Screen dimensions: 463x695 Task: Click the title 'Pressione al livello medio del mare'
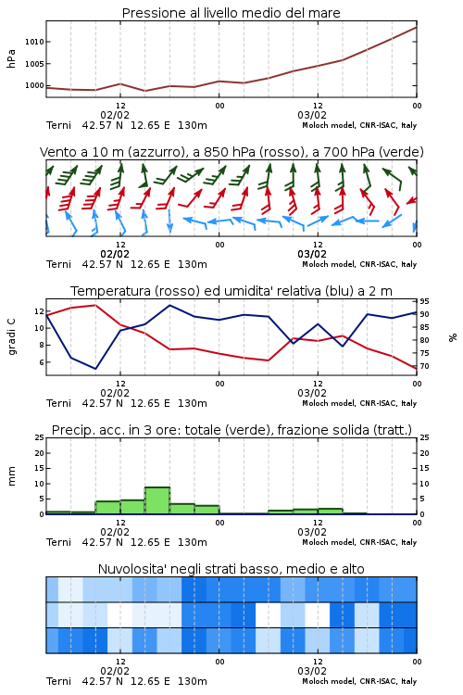[x=231, y=13]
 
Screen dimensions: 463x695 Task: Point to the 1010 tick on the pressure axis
[x=34, y=42]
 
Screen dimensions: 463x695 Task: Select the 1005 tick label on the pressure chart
[x=34, y=64]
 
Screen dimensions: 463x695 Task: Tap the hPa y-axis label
[x=11, y=58]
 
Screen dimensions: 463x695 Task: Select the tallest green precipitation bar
[x=157, y=500]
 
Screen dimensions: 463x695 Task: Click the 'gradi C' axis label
[x=11, y=336]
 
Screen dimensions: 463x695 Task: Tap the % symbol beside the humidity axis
[x=453, y=337]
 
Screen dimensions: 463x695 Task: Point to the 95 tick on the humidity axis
[x=424, y=301]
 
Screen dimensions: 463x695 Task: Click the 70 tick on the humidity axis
[x=424, y=367]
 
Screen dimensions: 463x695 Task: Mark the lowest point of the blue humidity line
[x=95, y=369]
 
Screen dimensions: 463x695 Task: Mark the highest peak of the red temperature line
[x=95, y=305]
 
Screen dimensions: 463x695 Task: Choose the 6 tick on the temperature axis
[x=41, y=362]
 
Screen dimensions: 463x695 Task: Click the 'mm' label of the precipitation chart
[x=11, y=476]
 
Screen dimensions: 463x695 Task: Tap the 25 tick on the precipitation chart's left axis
[x=40, y=438]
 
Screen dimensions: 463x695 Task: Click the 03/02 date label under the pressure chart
[x=312, y=115]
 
